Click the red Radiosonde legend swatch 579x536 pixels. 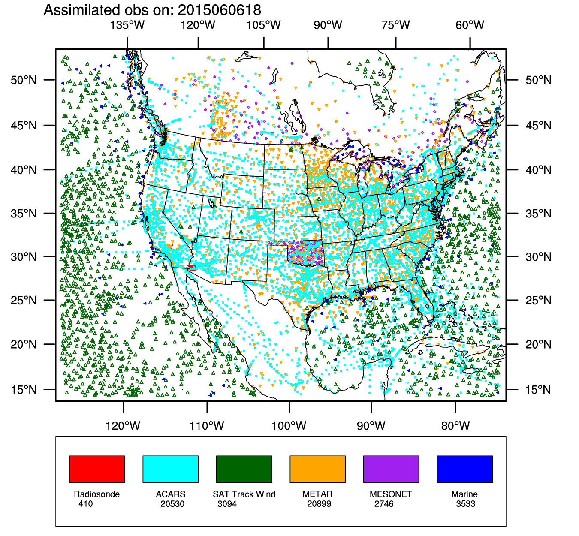point(97,469)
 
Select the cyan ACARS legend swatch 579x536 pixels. point(170,469)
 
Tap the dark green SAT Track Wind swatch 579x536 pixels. point(244,469)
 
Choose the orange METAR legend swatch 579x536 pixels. point(317,469)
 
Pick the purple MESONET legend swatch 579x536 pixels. point(391,469)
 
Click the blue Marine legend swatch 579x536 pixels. point(464,469)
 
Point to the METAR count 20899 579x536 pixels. point(319,504)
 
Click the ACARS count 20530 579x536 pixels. point(172,504)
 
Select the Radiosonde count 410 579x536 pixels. point(85,504)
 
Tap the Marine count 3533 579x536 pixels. point(466,504)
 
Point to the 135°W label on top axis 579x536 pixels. point(127,25)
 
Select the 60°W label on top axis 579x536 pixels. point(470,25)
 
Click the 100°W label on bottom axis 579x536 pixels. point(289,426)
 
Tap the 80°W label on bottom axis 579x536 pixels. point(455,426)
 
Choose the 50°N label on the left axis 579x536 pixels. point(24,80)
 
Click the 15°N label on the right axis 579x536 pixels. point(539,390)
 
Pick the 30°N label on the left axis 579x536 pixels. point(24,257)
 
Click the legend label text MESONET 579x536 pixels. point(391,494)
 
